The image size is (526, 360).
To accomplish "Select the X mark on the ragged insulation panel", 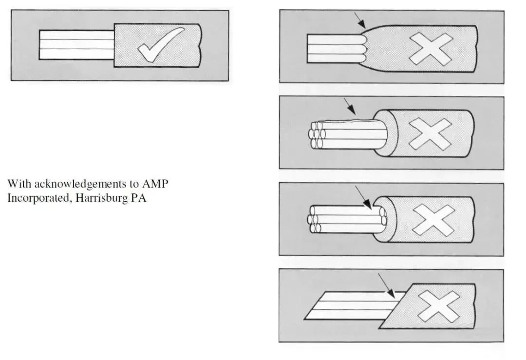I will coord(430,133).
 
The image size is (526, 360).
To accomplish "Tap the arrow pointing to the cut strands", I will coord(363,196).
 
